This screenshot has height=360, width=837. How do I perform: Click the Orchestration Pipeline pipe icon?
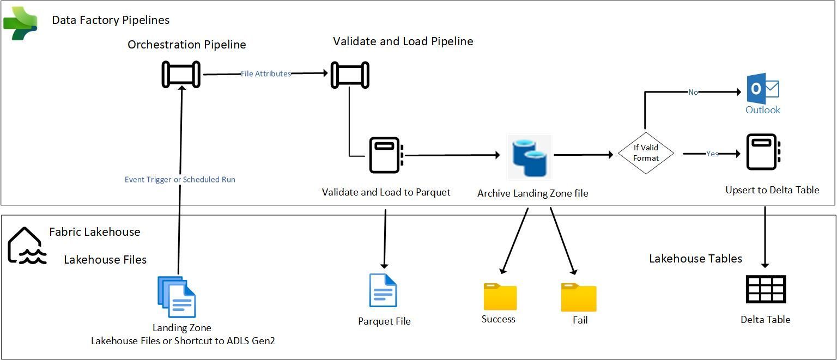(181, 75)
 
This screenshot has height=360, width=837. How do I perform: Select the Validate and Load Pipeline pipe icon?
(350, 75)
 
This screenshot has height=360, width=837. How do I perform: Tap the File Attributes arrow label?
(266, 74)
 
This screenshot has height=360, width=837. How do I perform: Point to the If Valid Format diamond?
(646, 153)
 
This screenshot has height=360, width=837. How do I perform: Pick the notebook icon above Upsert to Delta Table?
(763, 153)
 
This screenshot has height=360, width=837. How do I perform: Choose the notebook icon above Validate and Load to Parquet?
(386, 155)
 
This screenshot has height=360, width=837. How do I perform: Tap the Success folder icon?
(500, 297)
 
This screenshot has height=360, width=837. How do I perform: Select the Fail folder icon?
(579, 297)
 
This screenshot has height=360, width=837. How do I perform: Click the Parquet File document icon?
(383, 291)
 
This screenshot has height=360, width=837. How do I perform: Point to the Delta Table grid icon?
(766, 289)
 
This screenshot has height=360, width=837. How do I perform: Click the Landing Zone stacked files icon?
(177, 297)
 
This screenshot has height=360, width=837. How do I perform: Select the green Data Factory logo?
(21, 23)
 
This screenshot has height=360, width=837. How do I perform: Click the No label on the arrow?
(693, 92)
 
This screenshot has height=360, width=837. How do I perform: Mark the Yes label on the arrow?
(712, 154)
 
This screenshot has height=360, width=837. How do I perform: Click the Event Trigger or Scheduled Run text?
(180, 179)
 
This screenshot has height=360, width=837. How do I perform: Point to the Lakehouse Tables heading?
(695, 258)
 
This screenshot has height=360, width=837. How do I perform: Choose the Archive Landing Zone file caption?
(532, 193)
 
